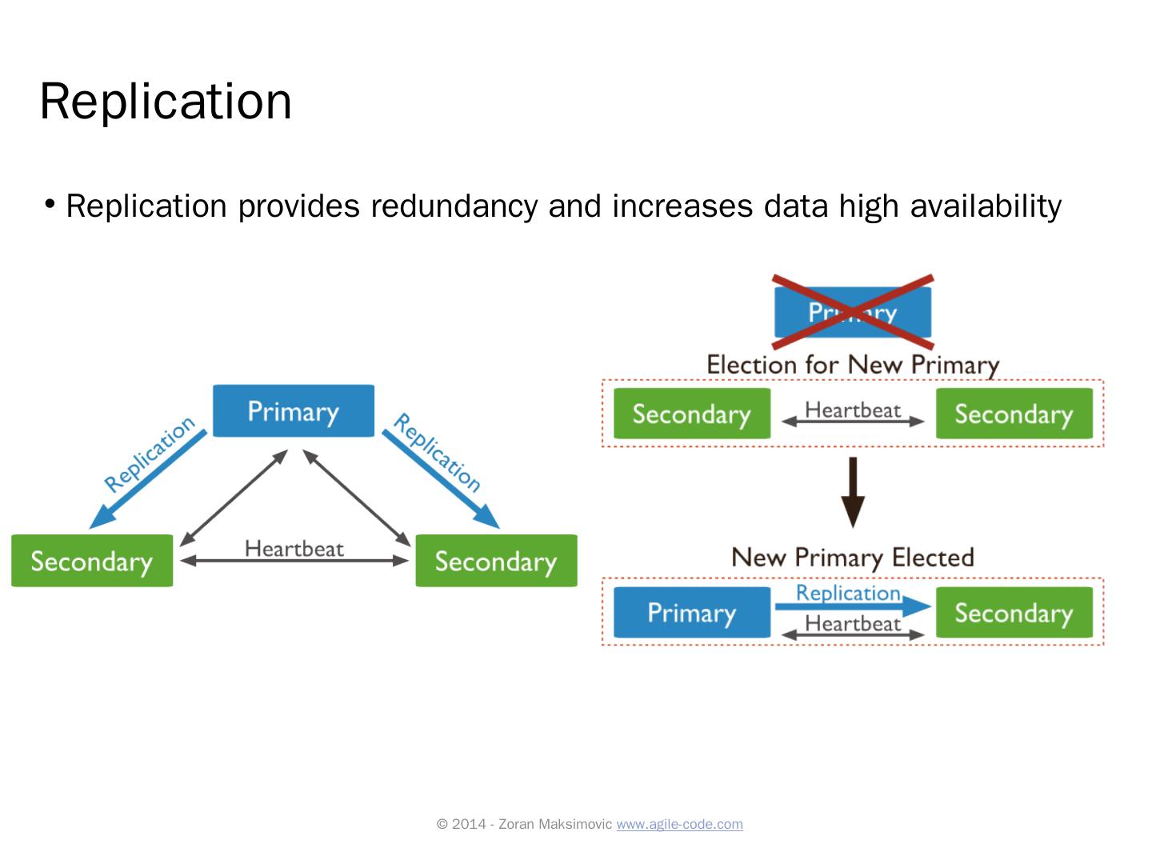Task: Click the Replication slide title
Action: [166, 102]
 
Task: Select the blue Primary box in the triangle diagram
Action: [293, 411]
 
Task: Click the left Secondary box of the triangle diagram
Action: [92, 561]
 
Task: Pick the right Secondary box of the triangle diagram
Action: [496, 561]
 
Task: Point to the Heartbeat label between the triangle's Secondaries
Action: [294, 549]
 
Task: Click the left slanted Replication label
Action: [149, 454]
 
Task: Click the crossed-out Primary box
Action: [852, 312]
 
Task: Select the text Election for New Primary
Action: [853, 365]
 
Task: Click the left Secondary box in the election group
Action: [691, 414]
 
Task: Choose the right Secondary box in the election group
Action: [1014, 414]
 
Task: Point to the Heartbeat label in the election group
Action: [853, 410]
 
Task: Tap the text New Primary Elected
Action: [853, 558]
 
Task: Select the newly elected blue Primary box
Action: [691, 613]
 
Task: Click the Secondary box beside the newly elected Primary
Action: [1014, 613]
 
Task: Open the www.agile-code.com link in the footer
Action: [679, 824]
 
